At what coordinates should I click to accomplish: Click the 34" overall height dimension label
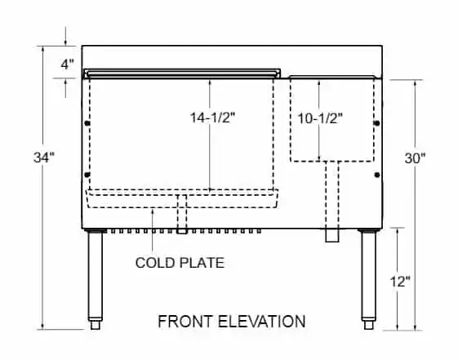[44, 158]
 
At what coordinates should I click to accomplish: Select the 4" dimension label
[67, 64]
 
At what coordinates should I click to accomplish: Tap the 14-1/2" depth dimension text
[212, 118]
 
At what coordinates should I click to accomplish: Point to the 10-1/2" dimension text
[320, 118]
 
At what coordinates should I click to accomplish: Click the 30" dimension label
[415, 158]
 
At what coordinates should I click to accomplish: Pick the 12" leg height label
[400, 282]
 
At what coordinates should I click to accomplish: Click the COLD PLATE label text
[180, 263]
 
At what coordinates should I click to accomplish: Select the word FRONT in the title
[185, 321]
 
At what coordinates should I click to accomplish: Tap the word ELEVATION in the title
[262, 321]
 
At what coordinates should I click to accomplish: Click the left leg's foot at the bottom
[96, 325]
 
